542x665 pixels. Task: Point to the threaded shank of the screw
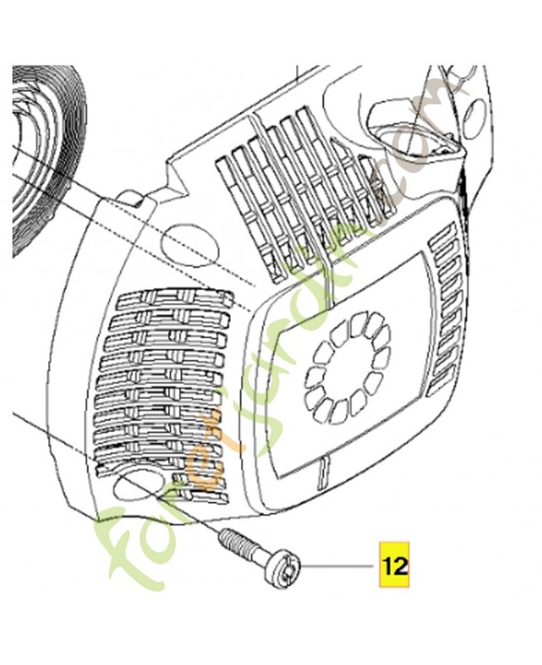(241, 548)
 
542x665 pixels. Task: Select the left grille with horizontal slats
(166, 391)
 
